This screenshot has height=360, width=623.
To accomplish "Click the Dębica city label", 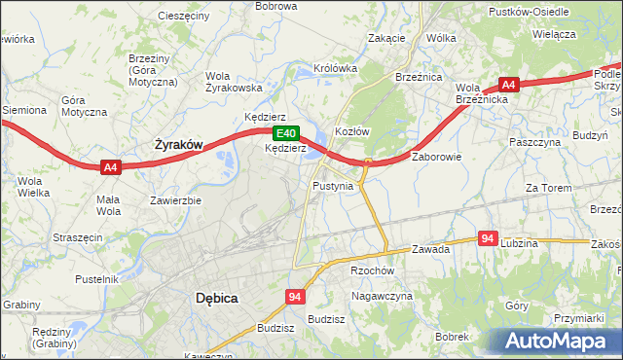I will point(216,298).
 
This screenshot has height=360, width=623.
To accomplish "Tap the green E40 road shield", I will point(284,133).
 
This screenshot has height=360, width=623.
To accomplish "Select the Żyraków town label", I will point(179,145).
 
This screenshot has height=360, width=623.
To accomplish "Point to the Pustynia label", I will point(333,185).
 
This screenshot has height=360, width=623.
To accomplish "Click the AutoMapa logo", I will point(557,341).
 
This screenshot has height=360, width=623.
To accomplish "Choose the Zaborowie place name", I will point(436,156).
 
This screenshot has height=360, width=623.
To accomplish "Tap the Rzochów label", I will point(371,271).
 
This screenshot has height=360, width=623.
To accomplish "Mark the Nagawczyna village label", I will point(382,296).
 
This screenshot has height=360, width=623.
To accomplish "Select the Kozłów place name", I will point(351,131).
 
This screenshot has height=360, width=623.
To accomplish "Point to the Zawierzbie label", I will point(175,201).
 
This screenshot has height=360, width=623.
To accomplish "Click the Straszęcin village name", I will point(77,237).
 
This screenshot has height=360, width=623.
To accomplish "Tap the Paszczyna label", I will point(535,142).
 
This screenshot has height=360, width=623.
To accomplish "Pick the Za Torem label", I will point(545,188).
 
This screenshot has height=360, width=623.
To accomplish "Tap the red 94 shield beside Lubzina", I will point(489,238).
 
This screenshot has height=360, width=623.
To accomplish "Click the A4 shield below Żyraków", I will point(111,167).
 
